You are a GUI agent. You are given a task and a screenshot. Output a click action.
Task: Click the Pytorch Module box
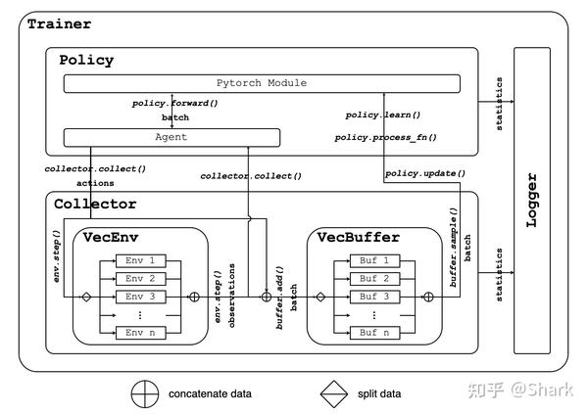(262, 83)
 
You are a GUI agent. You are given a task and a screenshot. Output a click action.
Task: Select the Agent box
(171, 137)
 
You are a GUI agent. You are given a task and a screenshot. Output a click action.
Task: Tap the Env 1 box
(140, 260)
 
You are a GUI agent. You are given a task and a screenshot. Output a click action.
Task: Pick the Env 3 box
(140, 297)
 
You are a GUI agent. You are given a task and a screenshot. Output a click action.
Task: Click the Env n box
(140, 333)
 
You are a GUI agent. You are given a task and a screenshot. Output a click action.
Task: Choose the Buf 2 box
(374, 279)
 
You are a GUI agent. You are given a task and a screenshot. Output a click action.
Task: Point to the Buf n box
(374, 333)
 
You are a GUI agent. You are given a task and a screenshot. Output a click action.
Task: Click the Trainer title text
(59, 24)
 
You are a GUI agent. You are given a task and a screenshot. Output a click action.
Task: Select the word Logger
(532, 200)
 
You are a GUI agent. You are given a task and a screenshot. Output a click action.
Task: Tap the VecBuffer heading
(359, 237)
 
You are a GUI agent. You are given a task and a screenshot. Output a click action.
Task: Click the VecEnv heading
(111, 237)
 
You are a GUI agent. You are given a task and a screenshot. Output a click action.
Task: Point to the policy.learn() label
(383, 115)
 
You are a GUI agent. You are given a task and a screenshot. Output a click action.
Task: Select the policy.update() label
(425, 173)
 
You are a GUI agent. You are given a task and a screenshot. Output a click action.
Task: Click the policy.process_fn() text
(386, 137)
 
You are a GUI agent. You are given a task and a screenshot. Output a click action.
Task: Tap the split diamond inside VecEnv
(86, 298)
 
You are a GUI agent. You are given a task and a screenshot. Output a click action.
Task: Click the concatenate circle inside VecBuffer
(428, 298)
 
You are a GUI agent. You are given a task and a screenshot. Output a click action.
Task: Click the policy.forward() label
(175, 103)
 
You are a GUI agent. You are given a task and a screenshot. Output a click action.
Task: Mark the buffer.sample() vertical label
(454, 248)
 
